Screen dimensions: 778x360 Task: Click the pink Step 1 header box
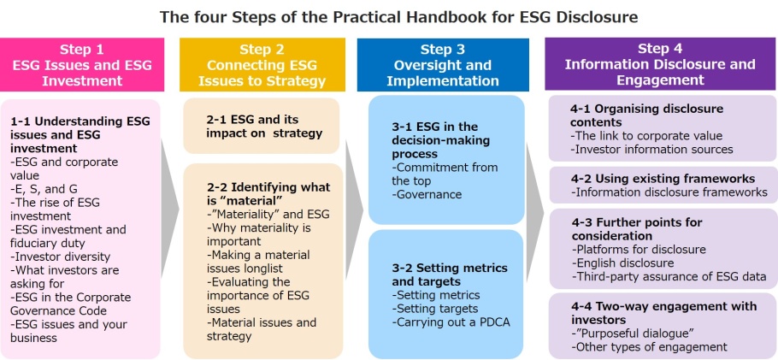click(x=82, y=64)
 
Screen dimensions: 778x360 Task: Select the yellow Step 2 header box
click(x=262, y=64)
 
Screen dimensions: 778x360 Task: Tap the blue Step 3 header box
click(x=443, y=64)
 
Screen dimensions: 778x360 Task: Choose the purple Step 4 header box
click(x=660, y=63)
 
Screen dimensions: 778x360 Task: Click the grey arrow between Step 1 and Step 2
click(x=169, y=209)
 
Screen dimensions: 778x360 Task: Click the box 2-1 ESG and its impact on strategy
click(x=262, y=126)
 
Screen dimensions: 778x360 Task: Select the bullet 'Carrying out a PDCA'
click(x=451, y=322)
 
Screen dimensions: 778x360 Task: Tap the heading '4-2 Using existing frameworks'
click(x=663, y=179)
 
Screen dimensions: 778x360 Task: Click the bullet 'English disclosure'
click(x=622, y=263)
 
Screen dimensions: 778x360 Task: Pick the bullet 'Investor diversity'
click(x=60, y=257)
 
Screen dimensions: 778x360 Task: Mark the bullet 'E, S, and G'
click(x=44, y=189)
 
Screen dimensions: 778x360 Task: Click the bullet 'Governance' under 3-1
click(x=427, y=194)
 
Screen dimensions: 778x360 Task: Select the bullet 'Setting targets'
click(x=434, y=309)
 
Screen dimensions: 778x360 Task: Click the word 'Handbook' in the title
click(x=457, y=17)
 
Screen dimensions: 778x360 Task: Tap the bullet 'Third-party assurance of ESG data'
click(x=669, y=276)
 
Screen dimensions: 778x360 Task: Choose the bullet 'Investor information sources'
click(x=651, y=149)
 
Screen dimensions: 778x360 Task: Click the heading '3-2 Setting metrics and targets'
click(x=450, y=275)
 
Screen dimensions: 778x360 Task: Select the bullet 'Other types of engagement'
click(x=649, y=346)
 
